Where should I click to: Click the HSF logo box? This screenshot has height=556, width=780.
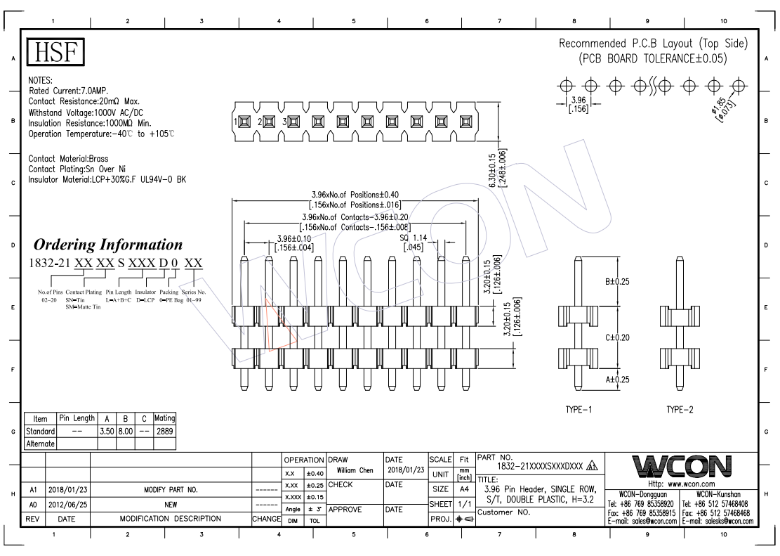point(55,53)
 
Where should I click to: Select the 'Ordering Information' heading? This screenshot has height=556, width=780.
point(108,245)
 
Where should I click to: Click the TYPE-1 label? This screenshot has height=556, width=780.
point(579,409)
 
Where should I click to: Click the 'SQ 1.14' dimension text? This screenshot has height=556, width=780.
point(414,238)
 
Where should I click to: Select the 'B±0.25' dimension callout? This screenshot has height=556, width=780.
point(619,282)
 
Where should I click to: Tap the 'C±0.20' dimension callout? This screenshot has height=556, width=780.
point(619,337)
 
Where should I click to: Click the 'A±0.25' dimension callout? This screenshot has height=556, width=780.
point(619,380)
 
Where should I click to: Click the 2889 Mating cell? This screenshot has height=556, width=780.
point(164,431)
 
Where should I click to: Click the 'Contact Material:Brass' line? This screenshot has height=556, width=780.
point(68,159)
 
